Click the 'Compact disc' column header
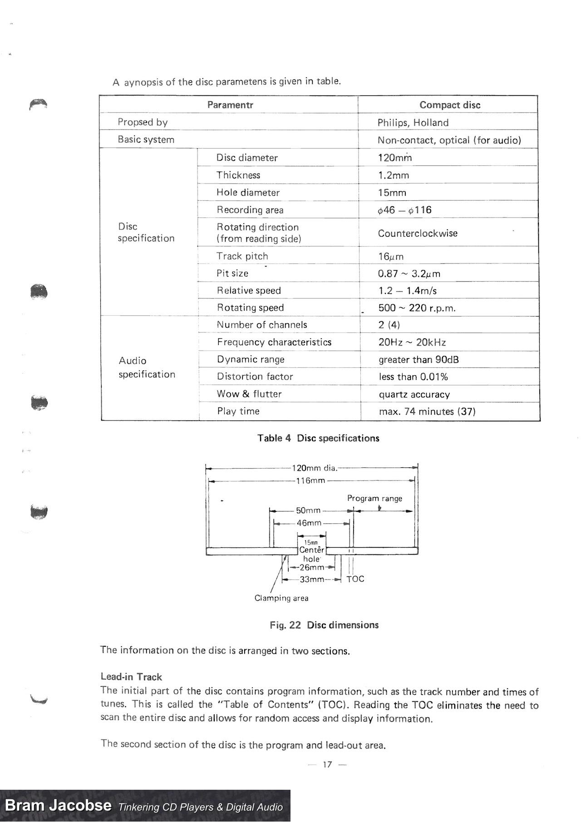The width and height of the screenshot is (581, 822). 449,105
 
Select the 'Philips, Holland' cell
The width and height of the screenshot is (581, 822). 413,123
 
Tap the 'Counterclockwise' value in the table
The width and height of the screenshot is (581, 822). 418,233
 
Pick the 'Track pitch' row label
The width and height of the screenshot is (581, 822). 242,256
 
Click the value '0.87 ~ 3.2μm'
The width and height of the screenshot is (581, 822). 409,274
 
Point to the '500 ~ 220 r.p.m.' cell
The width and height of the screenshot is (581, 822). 417,308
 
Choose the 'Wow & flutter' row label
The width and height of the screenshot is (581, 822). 249,394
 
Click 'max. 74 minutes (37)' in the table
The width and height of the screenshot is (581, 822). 427,411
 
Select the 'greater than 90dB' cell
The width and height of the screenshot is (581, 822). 419,360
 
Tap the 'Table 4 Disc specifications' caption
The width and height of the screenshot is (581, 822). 318,438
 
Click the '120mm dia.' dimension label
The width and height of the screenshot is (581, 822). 314,468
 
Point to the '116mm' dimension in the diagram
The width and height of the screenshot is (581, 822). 310,480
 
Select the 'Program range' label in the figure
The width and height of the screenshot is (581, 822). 374,498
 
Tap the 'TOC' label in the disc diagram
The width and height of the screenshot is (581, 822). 355,579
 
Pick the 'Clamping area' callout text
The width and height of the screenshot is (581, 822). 281,598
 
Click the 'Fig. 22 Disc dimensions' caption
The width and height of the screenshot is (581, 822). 324,625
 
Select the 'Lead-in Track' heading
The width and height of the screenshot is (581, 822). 131,677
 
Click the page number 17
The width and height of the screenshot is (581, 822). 327,764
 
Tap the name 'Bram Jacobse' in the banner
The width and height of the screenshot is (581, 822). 58,806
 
